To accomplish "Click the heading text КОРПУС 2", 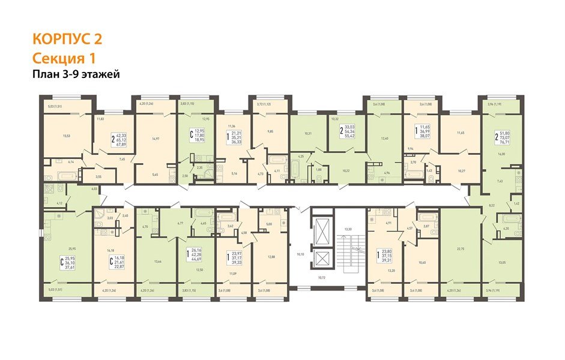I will [x=66, y=39].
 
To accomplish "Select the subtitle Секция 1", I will [x=63, y=58].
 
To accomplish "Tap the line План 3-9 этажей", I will [x=76, y=74].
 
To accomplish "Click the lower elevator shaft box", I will [x=321, y=260].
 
